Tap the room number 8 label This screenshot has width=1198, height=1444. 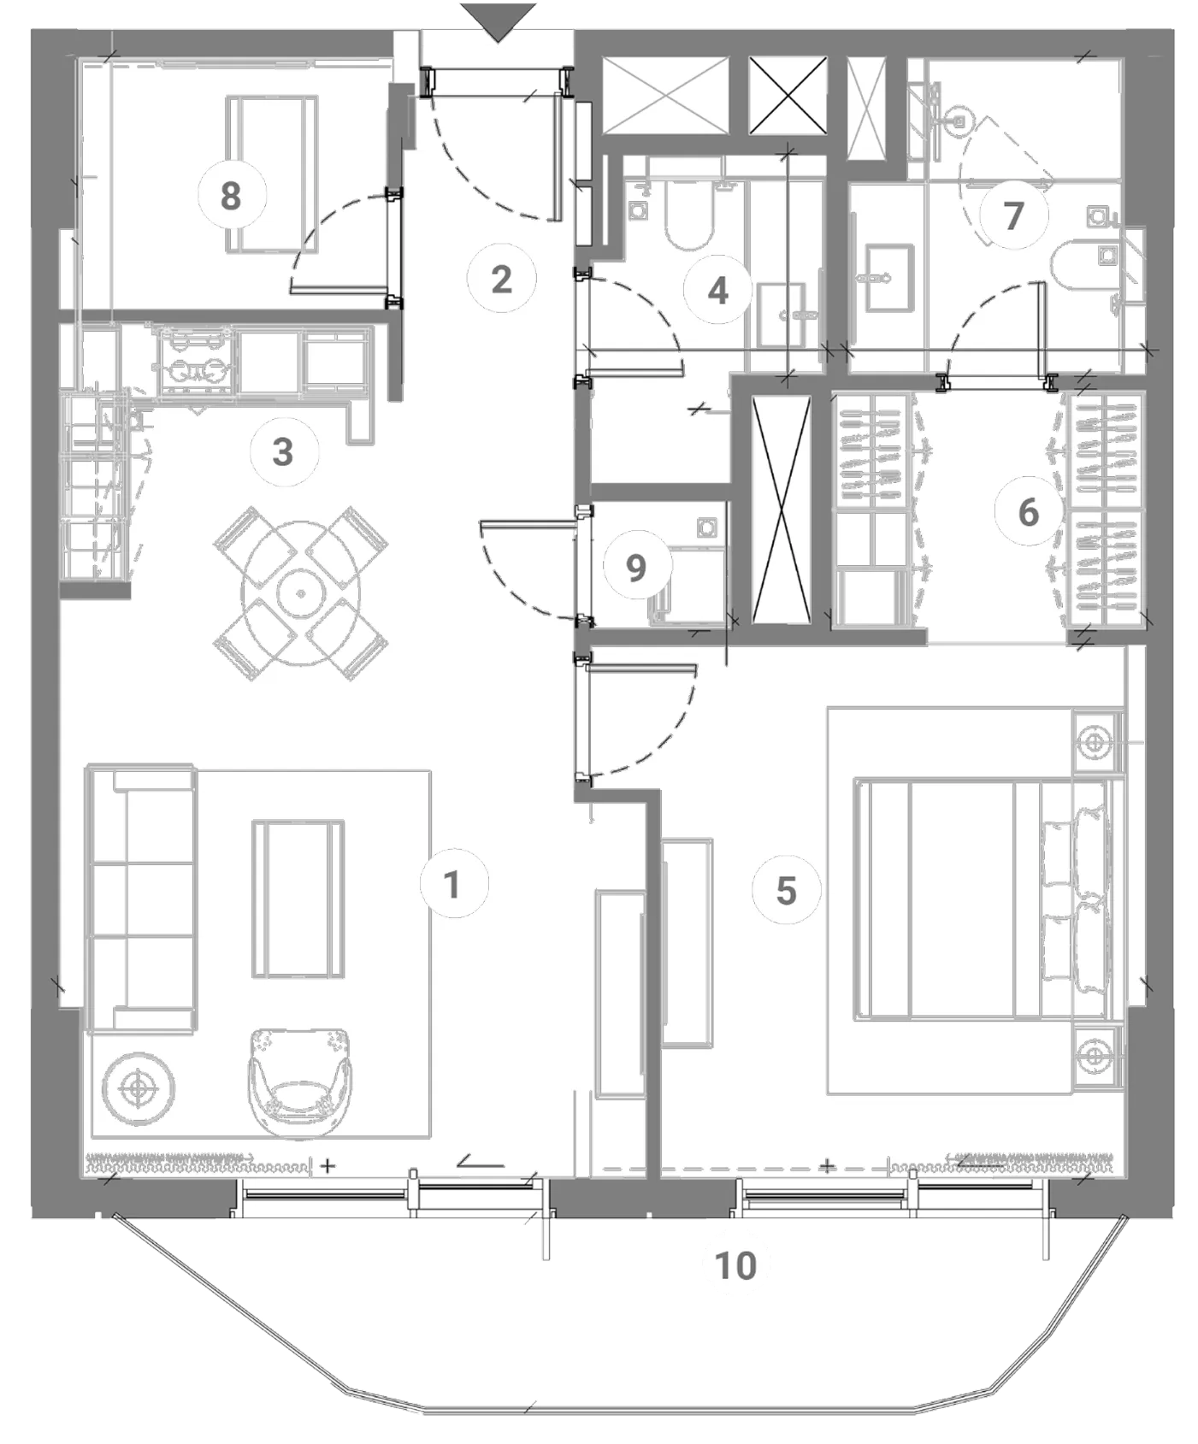[231, 196]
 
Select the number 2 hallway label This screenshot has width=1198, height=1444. [501, 279]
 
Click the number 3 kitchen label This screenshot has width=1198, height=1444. [283, 451]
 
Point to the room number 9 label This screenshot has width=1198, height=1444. [636, 567]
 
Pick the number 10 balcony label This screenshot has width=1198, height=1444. [735, 1265]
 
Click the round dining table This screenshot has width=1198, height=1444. [301, 593]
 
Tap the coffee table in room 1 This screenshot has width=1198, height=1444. [298, 899]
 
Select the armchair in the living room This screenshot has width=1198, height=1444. [300, 1083]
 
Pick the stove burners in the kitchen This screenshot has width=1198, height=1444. [194, 360]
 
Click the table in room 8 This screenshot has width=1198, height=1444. [272, 174]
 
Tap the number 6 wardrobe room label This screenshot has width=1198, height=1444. [1029, 512]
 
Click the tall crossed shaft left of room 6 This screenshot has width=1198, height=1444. [780, 510]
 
